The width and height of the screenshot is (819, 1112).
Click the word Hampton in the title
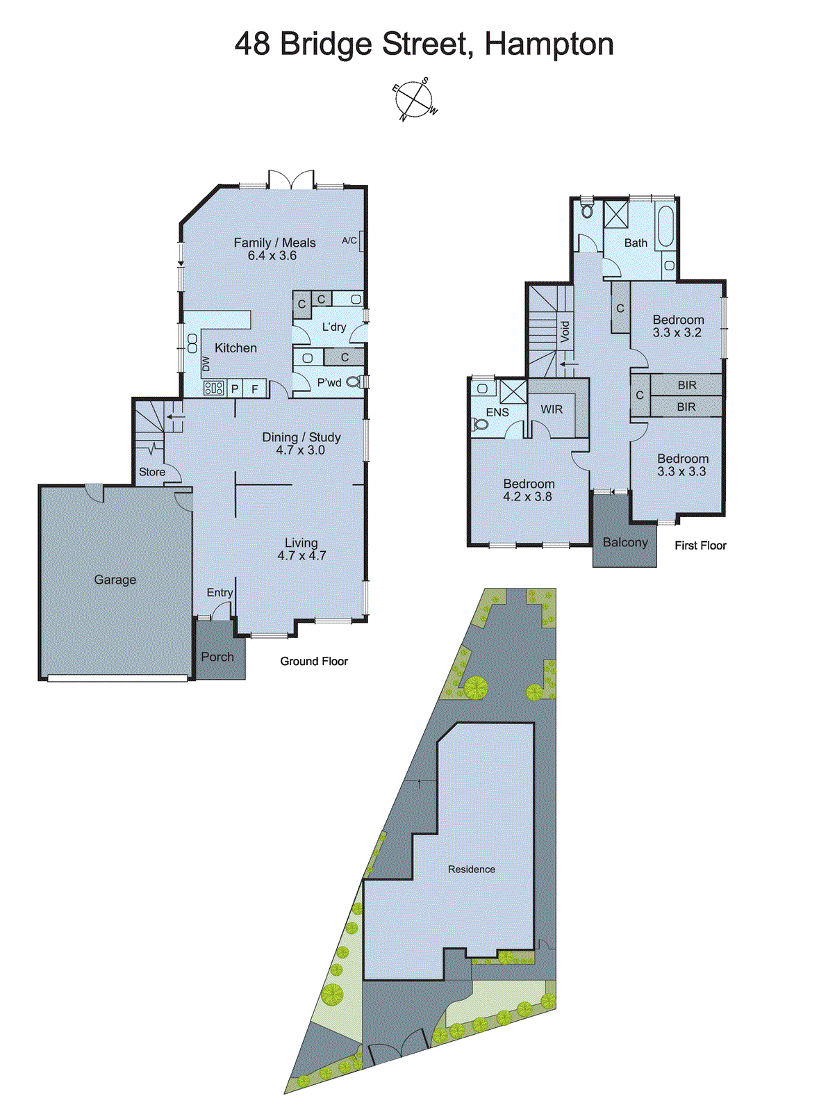(x=549, y=44)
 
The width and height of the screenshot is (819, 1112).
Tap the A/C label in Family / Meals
(x=349, y=240)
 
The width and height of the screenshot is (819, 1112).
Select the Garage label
(x=115, y=580)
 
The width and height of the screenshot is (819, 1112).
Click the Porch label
(x=217, y=657)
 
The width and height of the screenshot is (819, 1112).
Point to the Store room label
(x=152, y=472)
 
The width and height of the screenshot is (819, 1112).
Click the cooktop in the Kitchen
(x=213, y=389)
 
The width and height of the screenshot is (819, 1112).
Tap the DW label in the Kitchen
(x=206, y=364)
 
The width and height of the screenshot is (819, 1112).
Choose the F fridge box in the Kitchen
(x=255, y=389)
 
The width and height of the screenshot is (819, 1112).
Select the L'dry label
(x=334, y=327)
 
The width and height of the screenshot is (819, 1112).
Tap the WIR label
(x=552, y=409)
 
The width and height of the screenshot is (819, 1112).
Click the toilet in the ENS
(x=479, y=423)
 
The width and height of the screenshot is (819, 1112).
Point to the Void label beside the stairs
(x=565, y=331)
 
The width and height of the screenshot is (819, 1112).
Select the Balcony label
(x=625, y=542)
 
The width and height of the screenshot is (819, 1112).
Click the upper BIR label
(x=687, y=385)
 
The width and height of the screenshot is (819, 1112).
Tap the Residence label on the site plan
(x=472, y=869)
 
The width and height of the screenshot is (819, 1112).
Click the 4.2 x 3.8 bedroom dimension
(x=528, y=496)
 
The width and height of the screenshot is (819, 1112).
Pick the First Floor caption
(x=700, y=546)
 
